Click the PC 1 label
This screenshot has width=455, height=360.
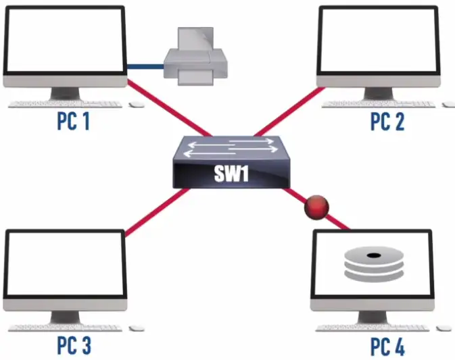74,122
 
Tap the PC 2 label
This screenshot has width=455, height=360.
387,122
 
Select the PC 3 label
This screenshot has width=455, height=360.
74,345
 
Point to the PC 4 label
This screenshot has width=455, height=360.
387,346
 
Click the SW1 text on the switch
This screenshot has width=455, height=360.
231,174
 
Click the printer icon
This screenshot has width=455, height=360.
195,56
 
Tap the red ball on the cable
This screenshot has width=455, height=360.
316,207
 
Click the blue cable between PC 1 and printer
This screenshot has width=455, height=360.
145,67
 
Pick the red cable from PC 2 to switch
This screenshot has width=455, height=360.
289,111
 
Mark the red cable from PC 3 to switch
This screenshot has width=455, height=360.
158,212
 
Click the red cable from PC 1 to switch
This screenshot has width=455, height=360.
169,108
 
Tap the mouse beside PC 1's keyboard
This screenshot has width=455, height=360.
137,105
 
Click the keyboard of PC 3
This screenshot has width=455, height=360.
65,328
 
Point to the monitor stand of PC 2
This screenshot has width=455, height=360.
379,93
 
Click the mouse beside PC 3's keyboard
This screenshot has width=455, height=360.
137,328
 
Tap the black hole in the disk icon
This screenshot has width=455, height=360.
373,255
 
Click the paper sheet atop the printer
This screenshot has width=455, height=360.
195,41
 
